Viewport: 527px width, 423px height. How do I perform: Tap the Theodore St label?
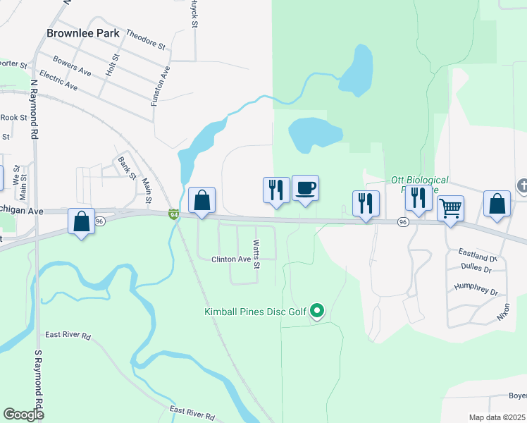pyautogui.click(x=146, y=40)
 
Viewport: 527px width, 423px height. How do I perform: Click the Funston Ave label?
pyautogui.click(x=160, y=86)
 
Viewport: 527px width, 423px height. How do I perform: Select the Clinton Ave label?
pyautogui.click(x=231, y=259)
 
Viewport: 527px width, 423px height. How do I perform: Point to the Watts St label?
pyautogui.click(x=256, y=255)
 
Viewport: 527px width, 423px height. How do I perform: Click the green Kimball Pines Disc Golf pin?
pyautogui.click(x=317, y=309)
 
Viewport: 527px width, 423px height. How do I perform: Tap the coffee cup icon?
pyautogui.click(x=305, y=189)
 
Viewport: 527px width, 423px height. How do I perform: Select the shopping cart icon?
pyautogui.click(x=450, y=209)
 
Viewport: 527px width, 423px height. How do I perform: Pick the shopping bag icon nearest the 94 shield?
pyautogui.click(x=201, y=200)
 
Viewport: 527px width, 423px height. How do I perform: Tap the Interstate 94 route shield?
pyautogui.click(x=173, y=214)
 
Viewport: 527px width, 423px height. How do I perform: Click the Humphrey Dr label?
pyautogui.click(x=476, y=290)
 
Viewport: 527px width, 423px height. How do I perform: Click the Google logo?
pyautogui.click(x=23, y=415)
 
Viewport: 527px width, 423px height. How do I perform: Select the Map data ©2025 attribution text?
pyautogui.click(x=497, y=417)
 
